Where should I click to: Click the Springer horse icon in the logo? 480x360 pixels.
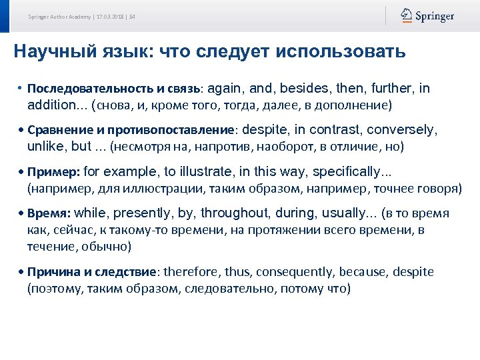pos(406,16)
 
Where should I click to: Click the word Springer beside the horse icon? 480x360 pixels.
pos(435,17)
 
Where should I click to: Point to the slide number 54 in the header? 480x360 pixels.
pos(132,17)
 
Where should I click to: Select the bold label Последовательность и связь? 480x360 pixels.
pos(117,89)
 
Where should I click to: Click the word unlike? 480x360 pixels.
pos(45,146)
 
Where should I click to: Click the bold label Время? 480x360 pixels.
pos(50,214)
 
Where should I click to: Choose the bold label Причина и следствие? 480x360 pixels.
pos(93,273)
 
